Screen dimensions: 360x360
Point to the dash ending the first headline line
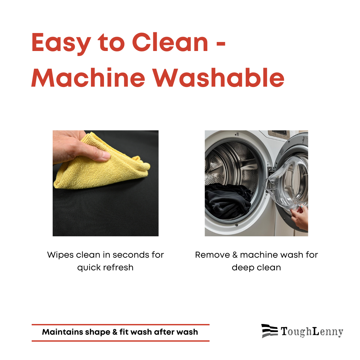pos(221,43)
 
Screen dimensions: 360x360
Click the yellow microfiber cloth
pos(101,163)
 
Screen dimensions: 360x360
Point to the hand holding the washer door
pos(300,217)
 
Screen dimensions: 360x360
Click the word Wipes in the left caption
pos(60,255)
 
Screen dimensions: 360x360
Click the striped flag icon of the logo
pos(270,331)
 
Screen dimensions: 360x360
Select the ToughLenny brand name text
pos(312,332)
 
